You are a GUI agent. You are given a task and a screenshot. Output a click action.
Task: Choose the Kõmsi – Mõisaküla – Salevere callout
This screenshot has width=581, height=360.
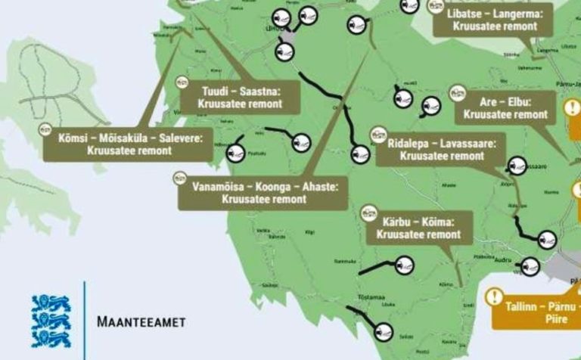tap(126, 144)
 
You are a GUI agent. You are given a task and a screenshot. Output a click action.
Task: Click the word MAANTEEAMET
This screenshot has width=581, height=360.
tap(141, 321)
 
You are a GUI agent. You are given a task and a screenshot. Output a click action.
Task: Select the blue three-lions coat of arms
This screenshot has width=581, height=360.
tap(50, 321)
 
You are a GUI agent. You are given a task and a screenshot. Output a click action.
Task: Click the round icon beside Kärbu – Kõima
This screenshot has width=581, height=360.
tap(370, 212)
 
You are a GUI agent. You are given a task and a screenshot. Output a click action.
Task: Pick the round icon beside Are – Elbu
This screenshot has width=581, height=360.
tap(457, 93)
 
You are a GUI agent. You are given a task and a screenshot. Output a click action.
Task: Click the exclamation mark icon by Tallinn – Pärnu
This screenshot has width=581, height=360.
tap(495, 297)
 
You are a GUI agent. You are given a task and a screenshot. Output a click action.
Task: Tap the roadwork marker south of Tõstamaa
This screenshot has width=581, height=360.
tap(384, 331)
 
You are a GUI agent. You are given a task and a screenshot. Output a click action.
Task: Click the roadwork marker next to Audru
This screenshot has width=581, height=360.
tap(530, 266)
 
